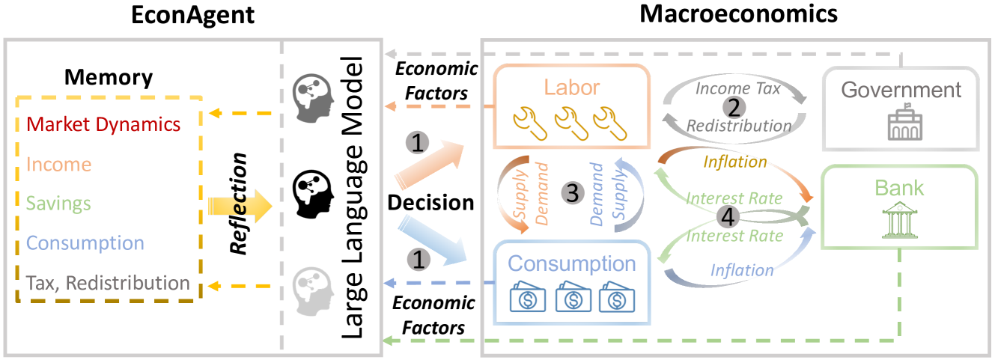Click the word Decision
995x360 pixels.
point(430,202)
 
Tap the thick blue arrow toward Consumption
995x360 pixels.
point(436,240)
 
